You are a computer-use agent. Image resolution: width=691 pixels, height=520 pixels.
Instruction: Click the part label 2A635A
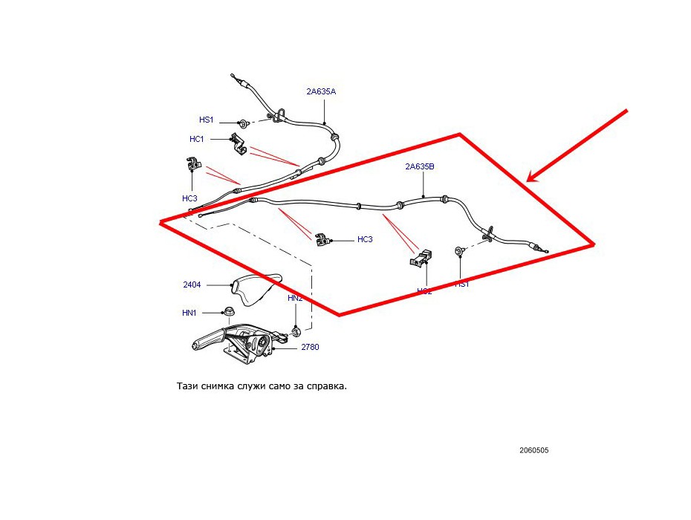(x=321, y=92)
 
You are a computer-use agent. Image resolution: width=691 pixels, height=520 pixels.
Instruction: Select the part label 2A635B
(x=420, y=167)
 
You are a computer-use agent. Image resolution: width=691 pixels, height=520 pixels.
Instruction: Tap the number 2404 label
(x=192, y=285)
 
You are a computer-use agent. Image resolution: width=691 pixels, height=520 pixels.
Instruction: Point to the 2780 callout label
(x=310, y=347)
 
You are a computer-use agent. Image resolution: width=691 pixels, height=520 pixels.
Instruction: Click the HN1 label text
(x=189, y=313)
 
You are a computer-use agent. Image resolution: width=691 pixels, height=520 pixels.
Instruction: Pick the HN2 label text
(x=295, y=298)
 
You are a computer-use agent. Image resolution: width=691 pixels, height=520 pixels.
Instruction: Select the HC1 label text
(x=197, y=139)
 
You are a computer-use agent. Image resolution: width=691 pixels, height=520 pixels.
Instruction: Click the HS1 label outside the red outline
(x=206, y=120)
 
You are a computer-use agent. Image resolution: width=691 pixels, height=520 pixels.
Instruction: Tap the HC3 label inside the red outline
(x=365, y=239)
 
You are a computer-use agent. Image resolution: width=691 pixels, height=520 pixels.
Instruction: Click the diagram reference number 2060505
(x=534, y=450)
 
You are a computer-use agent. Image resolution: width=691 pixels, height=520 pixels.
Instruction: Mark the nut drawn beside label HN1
(x=230, y=312)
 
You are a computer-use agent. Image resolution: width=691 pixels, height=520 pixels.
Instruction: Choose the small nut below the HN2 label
(x=296, y=328)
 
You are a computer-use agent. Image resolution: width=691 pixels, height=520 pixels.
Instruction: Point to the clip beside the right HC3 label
(x=322, y=239)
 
